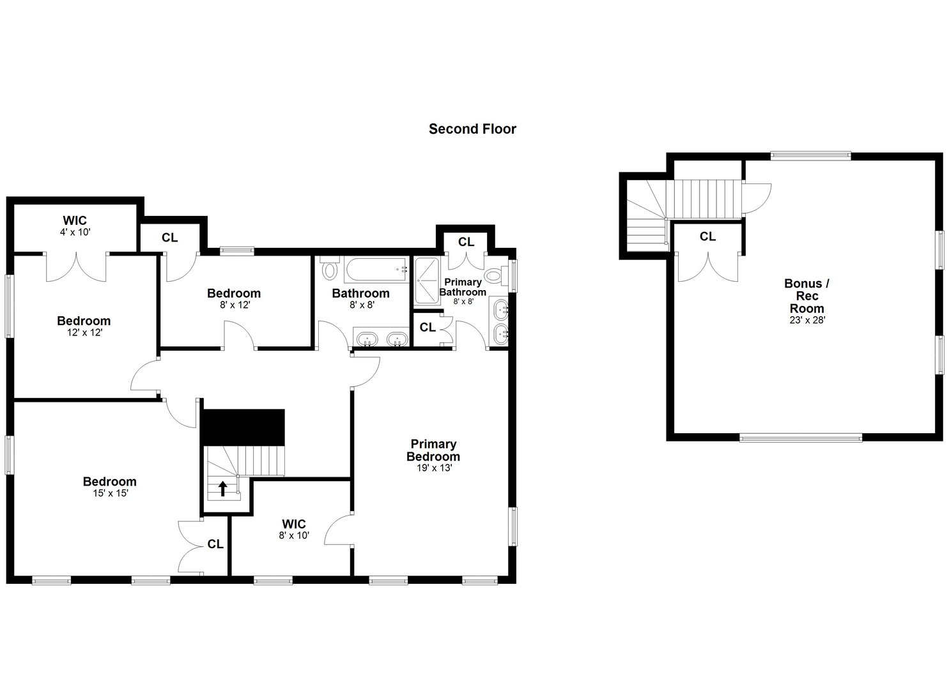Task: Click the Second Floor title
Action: coord(472,129)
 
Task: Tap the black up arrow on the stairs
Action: coord(223,489)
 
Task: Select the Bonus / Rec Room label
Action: coord(807,296)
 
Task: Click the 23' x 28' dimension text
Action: coord(807,320)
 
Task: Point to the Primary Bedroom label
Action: coord(433,450)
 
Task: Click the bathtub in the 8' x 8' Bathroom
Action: coord(376,270)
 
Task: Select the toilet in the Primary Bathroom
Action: coord(494,277)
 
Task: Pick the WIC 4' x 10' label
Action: coord(75,221)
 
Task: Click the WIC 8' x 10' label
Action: coord(294,525)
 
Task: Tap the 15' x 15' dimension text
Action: coord(110,493)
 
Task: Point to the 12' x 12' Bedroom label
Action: coord(84,321)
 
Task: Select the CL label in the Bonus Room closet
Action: coord(707,236)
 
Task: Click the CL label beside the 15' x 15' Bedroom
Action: coord(215,544)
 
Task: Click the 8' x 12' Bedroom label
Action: coord(234,294)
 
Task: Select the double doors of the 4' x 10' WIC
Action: coord(76,267)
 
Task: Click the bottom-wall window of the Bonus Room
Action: coord(800,438)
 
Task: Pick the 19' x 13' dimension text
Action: coord(433,468)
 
